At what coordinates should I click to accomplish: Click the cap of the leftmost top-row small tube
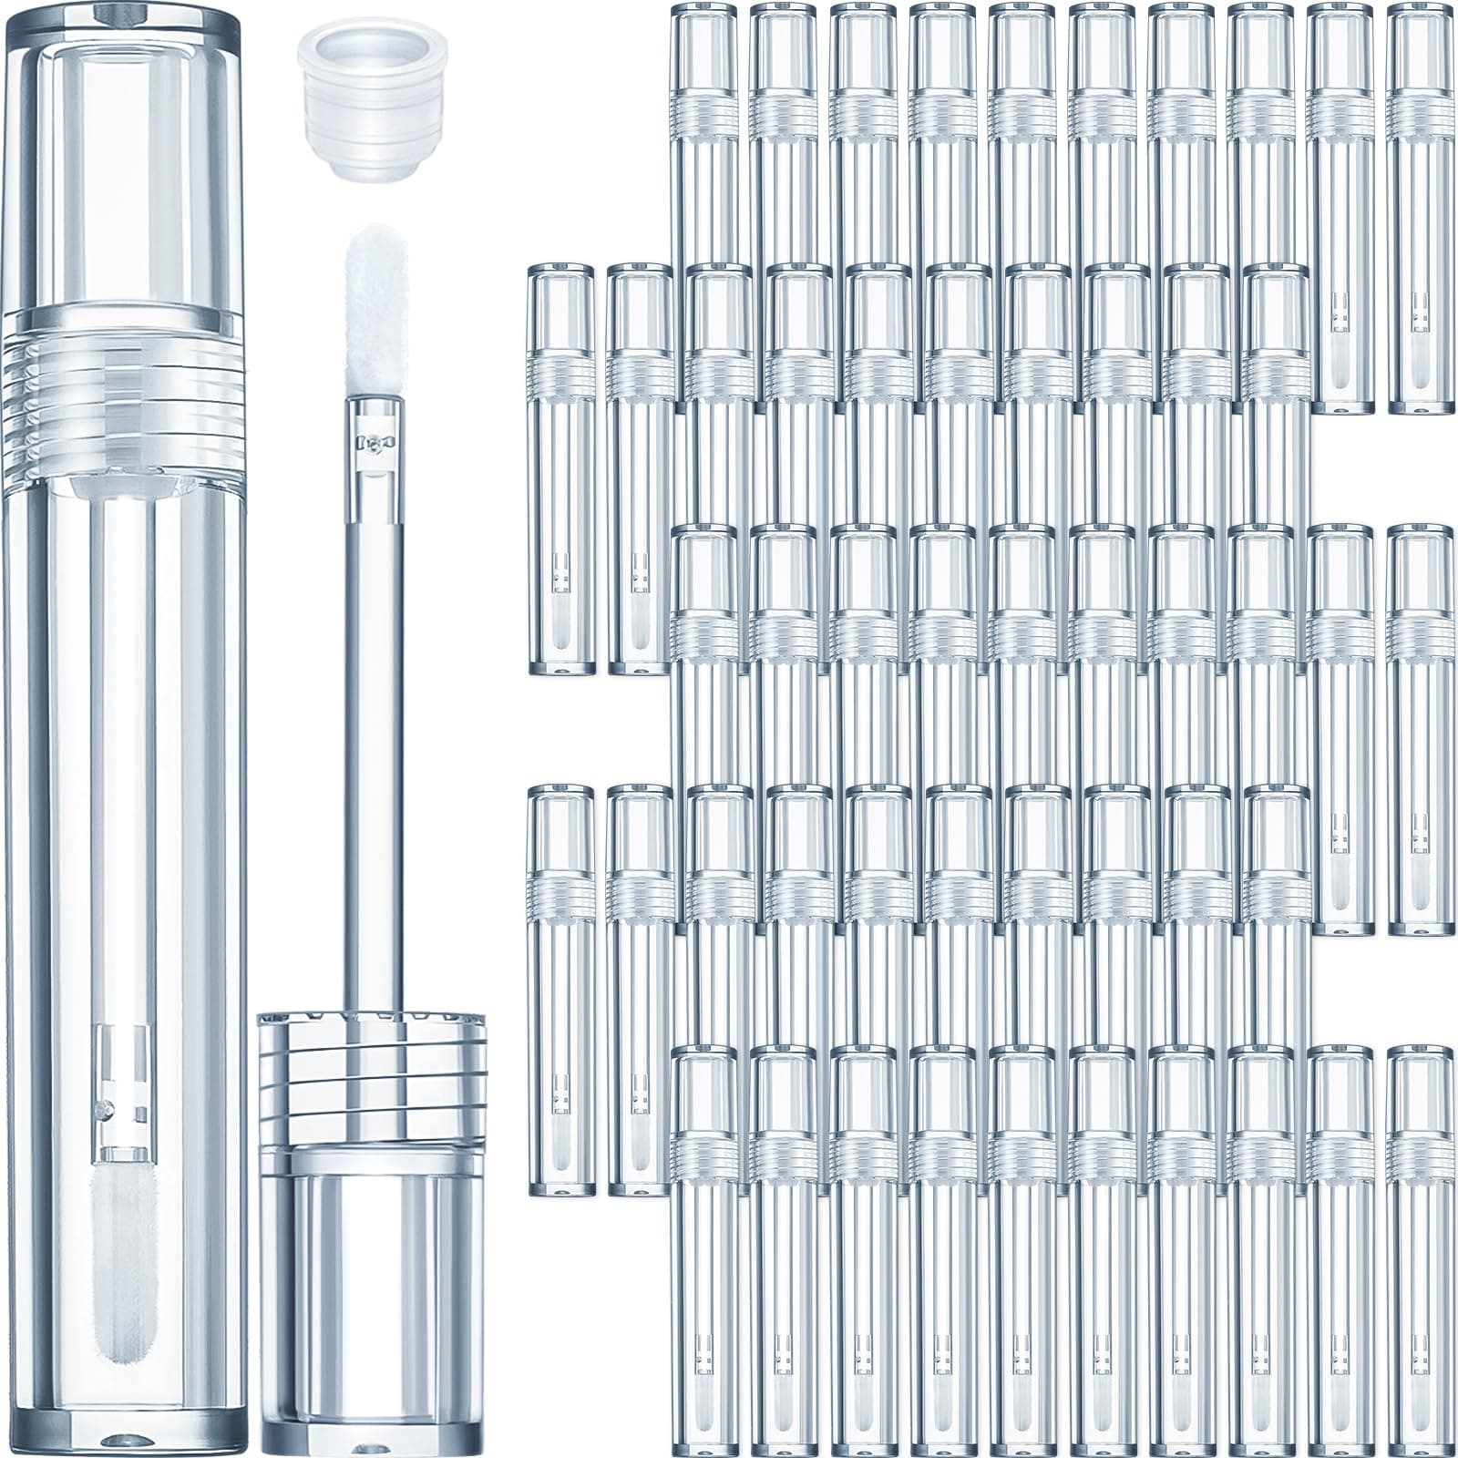click(704, 46)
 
